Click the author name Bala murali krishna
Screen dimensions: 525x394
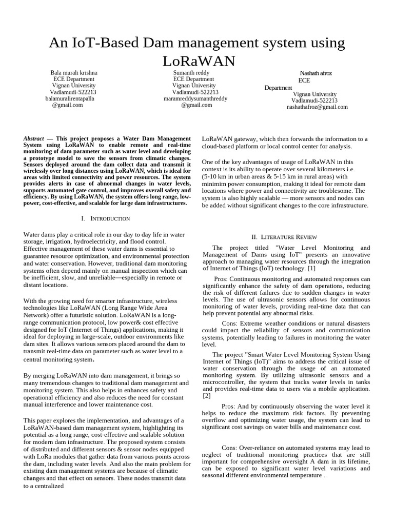coord(73,73)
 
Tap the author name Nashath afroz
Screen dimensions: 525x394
coord(316,73)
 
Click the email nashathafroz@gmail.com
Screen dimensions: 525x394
coord(317,107)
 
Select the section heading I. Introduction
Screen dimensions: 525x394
coord(106,219)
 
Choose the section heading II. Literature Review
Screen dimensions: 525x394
coord(284,237)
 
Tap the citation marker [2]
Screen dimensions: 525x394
coord(207,396)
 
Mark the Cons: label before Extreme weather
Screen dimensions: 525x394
coord(231,324)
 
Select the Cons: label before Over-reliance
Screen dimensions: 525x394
coord(231,448)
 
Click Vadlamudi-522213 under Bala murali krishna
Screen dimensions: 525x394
coord(69,92)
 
